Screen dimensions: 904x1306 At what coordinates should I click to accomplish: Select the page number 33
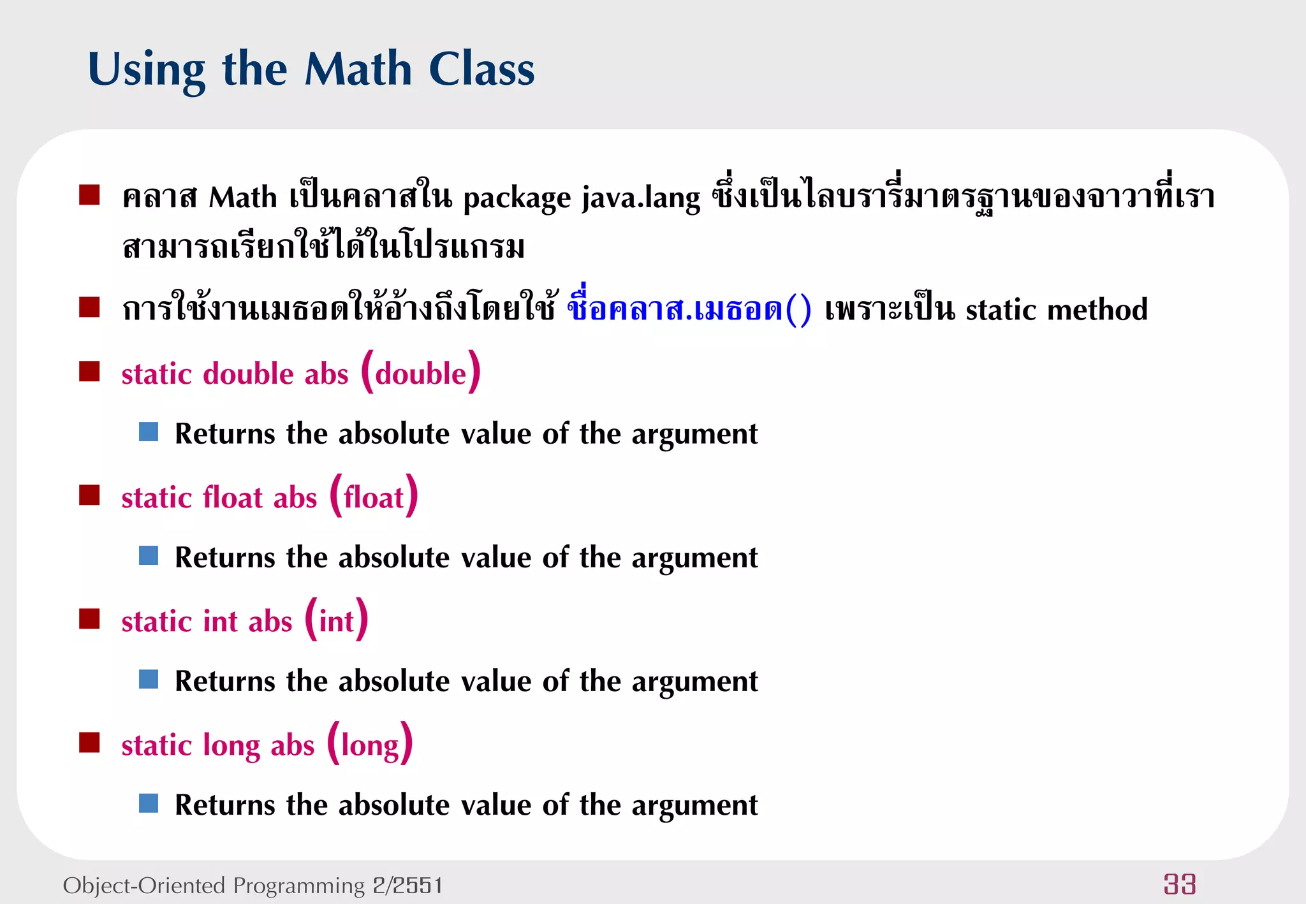pos(1179,884)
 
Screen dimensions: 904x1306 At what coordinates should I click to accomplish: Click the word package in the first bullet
pos(517,198)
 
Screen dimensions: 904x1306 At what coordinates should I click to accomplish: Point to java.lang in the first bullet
pos(641,198)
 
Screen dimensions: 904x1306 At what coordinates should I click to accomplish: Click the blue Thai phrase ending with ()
pos(689,309)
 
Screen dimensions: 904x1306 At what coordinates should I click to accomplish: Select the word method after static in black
pos(1097,310)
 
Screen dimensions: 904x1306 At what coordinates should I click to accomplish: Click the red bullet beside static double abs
pos(89,371)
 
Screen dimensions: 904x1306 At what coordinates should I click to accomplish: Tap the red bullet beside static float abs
pos(89,495)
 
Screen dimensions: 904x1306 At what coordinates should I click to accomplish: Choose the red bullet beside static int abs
pos(89,618)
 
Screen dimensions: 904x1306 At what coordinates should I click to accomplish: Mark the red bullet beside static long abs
pos(89,742)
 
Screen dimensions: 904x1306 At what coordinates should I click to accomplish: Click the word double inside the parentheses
pos(421,374)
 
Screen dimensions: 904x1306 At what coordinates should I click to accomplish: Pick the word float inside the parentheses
pos(374,497)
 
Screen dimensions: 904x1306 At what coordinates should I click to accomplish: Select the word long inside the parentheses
pos(370,745)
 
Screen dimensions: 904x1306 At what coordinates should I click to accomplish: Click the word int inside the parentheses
pos(336,622)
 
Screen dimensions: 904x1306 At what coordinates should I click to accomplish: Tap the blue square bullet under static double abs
pos(149,432)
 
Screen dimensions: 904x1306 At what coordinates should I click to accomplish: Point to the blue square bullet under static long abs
pos(149,803)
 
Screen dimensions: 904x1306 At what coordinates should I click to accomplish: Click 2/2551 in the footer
pos(407,886)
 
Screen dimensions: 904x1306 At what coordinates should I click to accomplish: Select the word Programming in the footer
pos(298,886)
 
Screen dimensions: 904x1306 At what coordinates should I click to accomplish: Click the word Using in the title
pos(147,70)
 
